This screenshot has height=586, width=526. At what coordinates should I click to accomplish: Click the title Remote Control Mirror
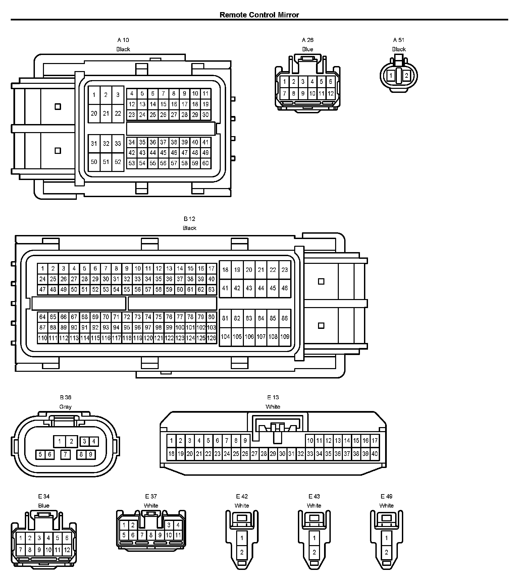pyautogui.click(x=259, y=15)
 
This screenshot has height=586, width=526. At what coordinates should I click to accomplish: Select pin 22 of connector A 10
pyautogui.click(x=118, y=113)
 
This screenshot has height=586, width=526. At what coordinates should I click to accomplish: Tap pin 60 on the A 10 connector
pyautogui.click(x=205, y=163)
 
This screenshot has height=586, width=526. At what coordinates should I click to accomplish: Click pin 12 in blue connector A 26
pyautogui.click(x=331, y=94)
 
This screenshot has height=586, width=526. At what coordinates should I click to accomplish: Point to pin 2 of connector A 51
pyautogui.click(x=406, y=75)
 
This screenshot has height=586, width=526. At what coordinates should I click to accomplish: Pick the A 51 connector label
pyautogui.click(x=399, y=40)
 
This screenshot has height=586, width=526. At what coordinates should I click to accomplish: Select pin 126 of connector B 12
pyautogui.click(x=211, y=338)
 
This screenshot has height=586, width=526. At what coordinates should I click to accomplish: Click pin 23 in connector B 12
pyautogui.click(x=284, y=270)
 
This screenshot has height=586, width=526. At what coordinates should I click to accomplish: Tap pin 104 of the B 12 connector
pyautogui.click(x=225, y=337)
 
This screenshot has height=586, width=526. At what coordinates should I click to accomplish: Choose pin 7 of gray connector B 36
pyautogui.click(x=65, y=455)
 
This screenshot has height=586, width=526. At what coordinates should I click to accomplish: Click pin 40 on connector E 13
pyautogui.click(x=375, y=454)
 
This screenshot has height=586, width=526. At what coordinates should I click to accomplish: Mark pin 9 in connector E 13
pyautogui.click(x=245, y=441)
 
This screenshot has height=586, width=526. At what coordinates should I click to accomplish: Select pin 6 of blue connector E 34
pyautogui.click(x=67, y=538)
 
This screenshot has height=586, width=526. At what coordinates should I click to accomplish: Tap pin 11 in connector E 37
pyautogui.click(x=178, y=535)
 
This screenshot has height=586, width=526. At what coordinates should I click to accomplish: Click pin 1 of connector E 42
pyautogui.click(x=242, y=538)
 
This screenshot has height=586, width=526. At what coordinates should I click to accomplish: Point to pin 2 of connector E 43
pyautogui.click(x=314, y=552)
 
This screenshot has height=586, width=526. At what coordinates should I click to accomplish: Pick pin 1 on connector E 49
pyautogui.click(x=386, y=538)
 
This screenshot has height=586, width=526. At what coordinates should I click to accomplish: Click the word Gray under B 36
pyautogui.click(x=65, y=407)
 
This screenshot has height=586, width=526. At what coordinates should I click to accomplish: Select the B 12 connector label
pyautogui.click(x=190, y=219)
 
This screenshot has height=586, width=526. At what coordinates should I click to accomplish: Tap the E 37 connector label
pyautogui.click(x=151, y=496)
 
